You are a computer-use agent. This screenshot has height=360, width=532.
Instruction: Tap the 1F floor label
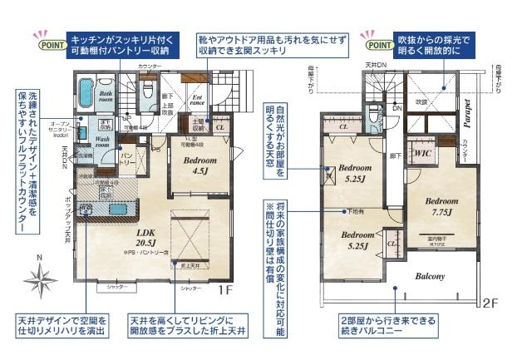pos(224,290)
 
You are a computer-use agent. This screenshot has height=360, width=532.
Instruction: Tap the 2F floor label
pos(491,303)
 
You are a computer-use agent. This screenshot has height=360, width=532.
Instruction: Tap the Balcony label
pos(426,277)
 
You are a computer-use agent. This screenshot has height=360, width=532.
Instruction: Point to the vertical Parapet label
pos(468,112)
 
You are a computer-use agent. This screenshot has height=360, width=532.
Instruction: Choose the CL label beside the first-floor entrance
pos(220,128)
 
